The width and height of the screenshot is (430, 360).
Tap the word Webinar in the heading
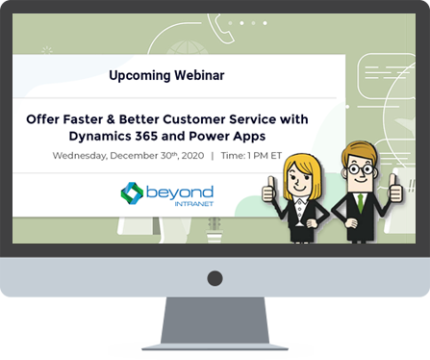(204, 74)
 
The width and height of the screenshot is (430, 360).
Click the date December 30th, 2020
(148, 155)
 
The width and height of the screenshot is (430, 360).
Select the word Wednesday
(82, 155)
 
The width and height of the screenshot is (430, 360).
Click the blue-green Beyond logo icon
(132, 193)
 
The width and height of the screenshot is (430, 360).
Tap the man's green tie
(360, 201)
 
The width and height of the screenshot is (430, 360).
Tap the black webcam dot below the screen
(215, 278)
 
